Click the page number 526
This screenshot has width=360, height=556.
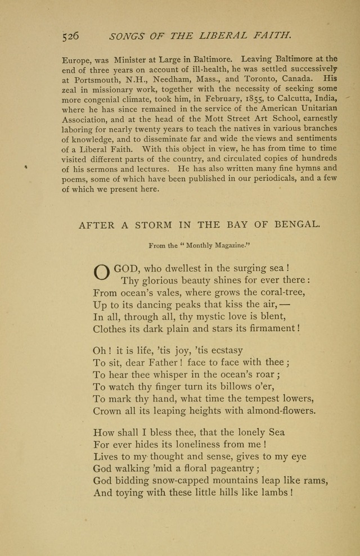click(71, 36)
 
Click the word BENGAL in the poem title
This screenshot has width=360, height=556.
click(297, 224)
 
